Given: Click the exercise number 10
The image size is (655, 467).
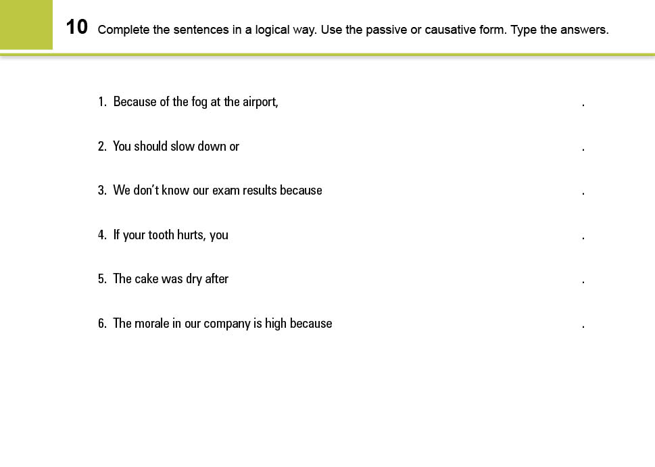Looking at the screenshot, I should pos(77,27).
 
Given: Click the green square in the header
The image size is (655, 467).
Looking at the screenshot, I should pos(26,24).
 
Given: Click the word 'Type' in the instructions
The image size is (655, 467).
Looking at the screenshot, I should pos(524,30).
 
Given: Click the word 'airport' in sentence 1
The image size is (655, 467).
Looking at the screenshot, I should pos(260,102).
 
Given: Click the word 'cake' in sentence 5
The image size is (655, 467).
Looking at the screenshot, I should pos(146,278).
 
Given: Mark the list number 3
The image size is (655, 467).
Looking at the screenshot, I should pos(101,191).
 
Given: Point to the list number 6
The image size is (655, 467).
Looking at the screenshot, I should pos(101,323).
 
